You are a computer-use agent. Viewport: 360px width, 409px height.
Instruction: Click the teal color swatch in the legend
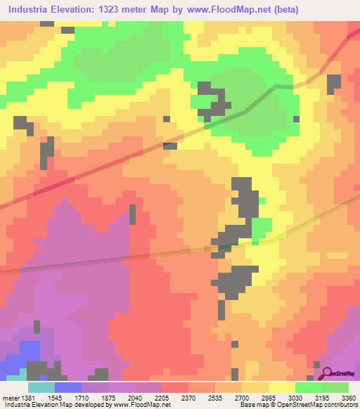pos(41,387)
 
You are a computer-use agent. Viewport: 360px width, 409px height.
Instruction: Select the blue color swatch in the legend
pos(67,387)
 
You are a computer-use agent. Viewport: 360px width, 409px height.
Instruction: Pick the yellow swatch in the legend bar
pos(282,387)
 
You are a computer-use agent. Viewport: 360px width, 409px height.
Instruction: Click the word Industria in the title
pos(33,10)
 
